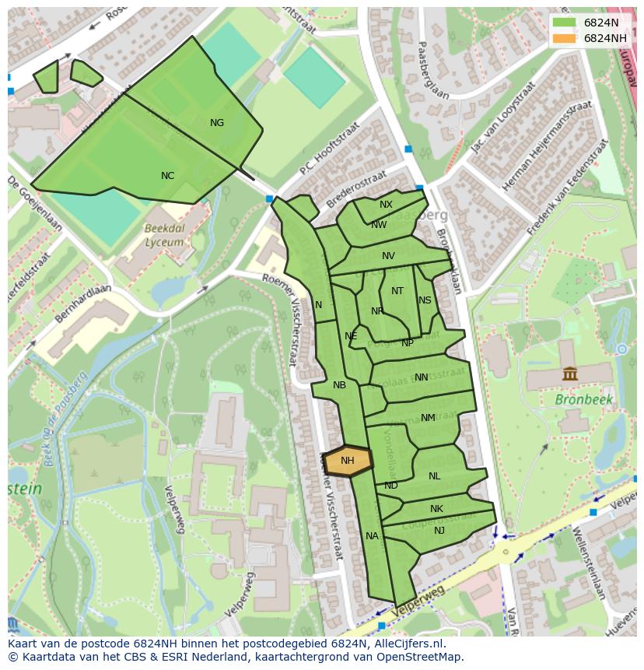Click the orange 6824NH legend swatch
pyautogui.click(x=565, y=38)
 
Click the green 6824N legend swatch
pyautogui.click(x=565, y=23)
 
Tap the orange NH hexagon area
pyautogui.click(x=347, y=461)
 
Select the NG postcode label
pyautogui.click(x=217, y=123)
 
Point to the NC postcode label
pyautogui.click(x=167, y=176)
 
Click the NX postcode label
pyautogui.click(x=386, y=205)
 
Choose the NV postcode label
pyautogui.click(x=388, y=256)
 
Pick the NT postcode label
pyautogui.click(x=397, y=291)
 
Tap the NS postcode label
pyautogui.click(x=425, y=300)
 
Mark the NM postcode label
pyautogui.click(x=428, y=418)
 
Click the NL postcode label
pyautogui.click(x=434, y=476)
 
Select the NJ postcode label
pyautogui.click(x=439, y=531)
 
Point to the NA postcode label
pyautogui.click(x=372, y=536)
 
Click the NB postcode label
pyautogui.click(x=339, y=385)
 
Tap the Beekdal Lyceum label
pyautogui.click(x=164, y=235)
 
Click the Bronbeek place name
pyautogui.click(x=584, y=400)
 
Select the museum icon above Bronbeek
pyautogui.click(x=570, y=374)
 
